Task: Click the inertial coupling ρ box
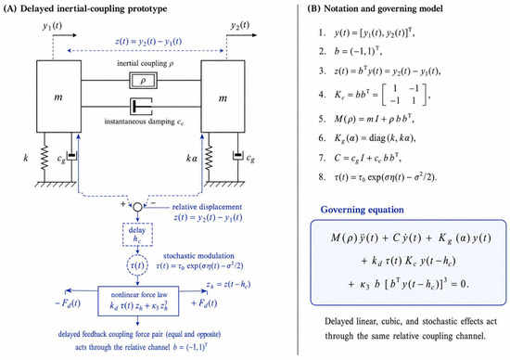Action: click(x=143, y=81)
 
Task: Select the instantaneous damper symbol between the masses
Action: click(x=141, y=107)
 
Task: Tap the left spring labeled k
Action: click(x=45, y=158)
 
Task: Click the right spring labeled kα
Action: click(x=209, y=158)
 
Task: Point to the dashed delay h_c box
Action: click(x=137, y=235)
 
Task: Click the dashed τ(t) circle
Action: click(x=137, y=265)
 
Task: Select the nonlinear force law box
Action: click(x=138, y=302)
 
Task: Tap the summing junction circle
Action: click(x=138, y=207)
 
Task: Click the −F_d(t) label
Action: click(x=68, y=303)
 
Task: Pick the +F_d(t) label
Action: click(x=204, y=303)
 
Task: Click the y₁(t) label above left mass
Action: click(x=52, y=26)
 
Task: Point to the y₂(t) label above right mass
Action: click(x=240, y=25)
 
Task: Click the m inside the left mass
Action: click(x=58, y=97)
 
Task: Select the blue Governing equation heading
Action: click(x=362, y=210)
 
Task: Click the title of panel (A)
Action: click(x=85, y=8)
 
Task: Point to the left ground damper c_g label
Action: click(x=61, y=159)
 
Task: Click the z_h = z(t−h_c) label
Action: click(x=228, y=285)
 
